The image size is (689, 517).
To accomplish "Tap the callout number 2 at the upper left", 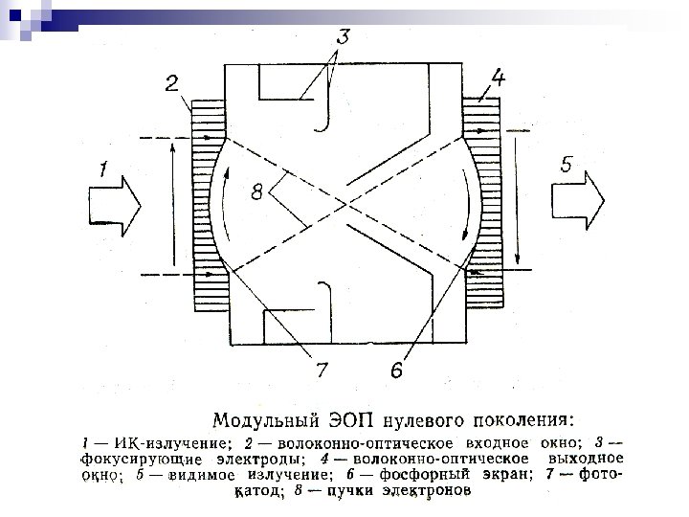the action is coord(171,84).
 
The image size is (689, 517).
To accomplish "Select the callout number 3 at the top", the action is coord(341,38).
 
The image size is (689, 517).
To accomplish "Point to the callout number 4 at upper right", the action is coord(498,76).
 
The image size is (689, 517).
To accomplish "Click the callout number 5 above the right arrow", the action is coord(567,165).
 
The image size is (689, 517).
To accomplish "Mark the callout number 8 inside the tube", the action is coord(256,193).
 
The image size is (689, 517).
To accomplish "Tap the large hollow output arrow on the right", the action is coord(578,204).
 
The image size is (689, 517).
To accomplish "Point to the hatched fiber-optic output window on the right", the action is coord(480,206).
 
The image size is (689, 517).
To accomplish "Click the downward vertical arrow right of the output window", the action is coord(517,201).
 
